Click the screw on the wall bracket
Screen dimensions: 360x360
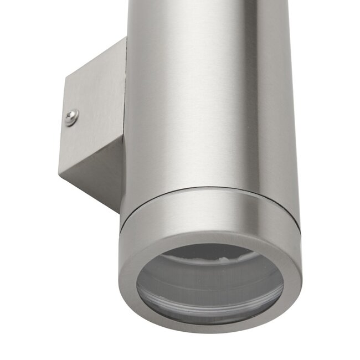coord(71,117)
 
